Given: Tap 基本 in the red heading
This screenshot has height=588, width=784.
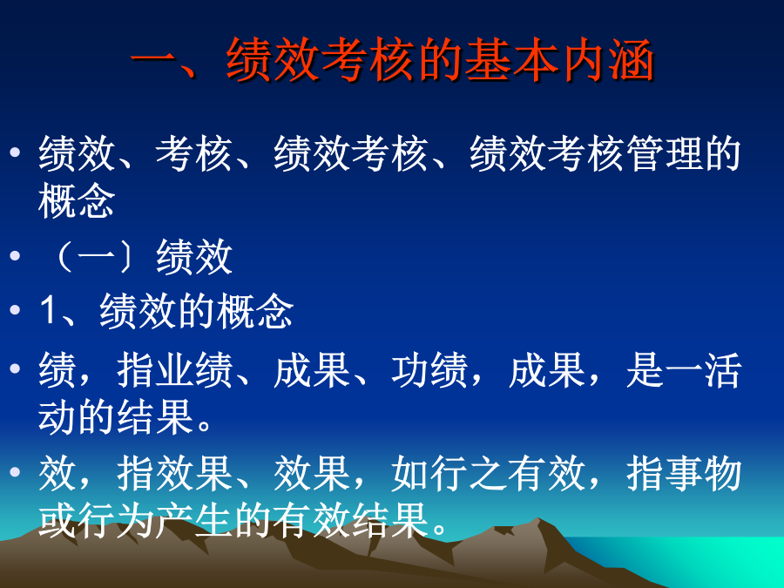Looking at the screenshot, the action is point(511,60).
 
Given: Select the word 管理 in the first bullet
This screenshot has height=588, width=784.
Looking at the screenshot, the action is point(664,153).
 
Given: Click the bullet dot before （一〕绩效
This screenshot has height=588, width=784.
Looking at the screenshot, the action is point(15,256).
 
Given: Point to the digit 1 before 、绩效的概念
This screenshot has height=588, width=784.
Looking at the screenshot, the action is point(49,310).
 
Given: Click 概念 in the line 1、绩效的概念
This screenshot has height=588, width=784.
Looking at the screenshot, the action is point(255,311).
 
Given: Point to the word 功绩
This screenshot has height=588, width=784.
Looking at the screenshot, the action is point(429,370).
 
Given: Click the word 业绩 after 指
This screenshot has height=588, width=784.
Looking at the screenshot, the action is point(194,370).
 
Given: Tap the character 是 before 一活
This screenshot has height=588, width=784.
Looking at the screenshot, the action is point(645,370).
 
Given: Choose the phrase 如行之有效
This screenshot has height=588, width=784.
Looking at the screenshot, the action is point(488,473).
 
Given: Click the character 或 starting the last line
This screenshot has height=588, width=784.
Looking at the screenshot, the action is point(57,520).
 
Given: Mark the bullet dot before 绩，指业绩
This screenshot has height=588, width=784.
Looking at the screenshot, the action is point(15,368).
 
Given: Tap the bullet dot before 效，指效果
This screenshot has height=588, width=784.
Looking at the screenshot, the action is point(15,471).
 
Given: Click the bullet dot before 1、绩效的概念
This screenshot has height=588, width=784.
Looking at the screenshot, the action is point(15,309).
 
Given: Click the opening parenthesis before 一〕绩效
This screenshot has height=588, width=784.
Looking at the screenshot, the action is point(64,256).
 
